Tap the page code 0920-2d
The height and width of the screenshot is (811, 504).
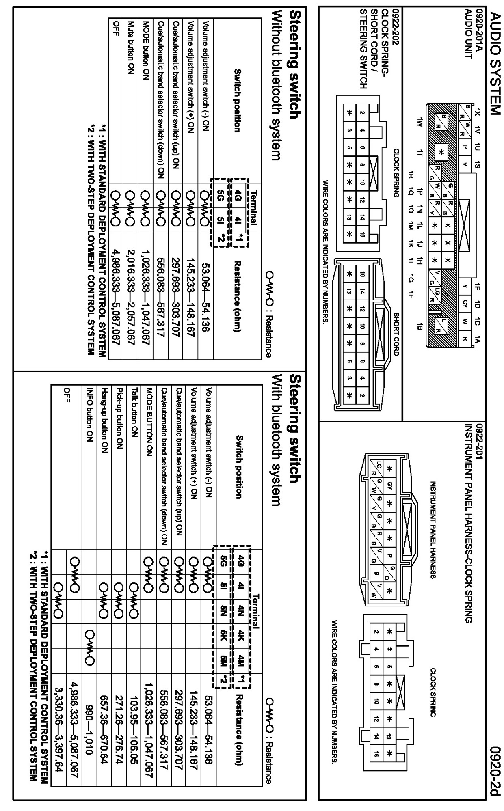pyautogui.click(x=495, y=759)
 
